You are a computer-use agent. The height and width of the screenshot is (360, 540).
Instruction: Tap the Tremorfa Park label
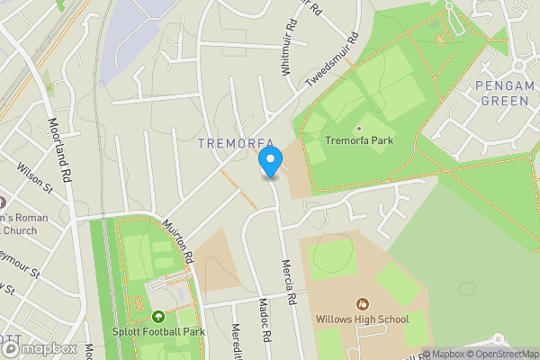tap(360, 139)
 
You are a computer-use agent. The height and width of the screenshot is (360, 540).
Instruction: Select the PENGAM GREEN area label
tap(504, 93)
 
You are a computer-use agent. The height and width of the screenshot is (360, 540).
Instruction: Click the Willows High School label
tap(362, 319)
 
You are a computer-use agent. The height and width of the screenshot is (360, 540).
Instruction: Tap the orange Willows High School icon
tap(363, 303)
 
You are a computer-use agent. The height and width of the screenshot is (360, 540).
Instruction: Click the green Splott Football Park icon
tap(158, 317)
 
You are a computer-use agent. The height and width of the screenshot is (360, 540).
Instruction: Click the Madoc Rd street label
tap(265, 319)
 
